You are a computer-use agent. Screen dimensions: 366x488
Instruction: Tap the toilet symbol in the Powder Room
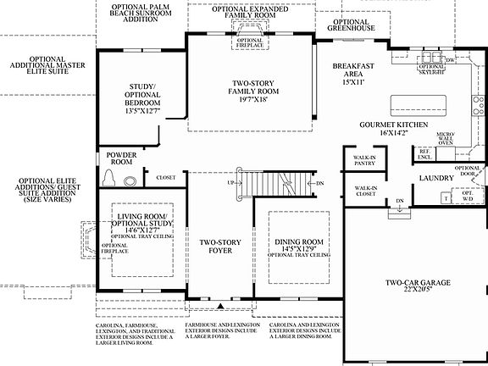[x=112, y=177]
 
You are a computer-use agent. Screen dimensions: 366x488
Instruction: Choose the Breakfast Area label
[x=354, y=75]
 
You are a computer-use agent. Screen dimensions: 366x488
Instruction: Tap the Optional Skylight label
[x=432, y=69]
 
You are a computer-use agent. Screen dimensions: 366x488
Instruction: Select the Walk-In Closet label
[x=365, y=191]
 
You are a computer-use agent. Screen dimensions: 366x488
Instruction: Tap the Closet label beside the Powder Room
[x=164, y=177]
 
